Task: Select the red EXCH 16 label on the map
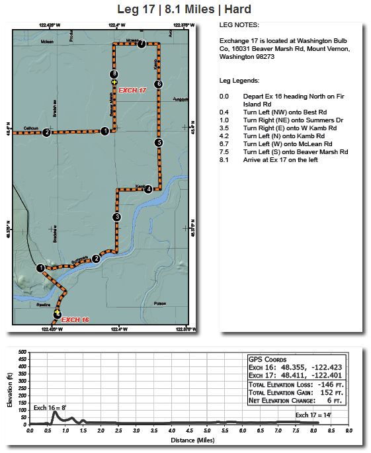pyautogui.click(x=75, y=319)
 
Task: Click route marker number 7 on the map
pyautogui.click(x=142, y=44)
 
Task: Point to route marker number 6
pyautogui.click(x=158, y=84)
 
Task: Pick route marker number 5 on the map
pyautogui.click(x=158, y=142)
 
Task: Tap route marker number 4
pyautogui.click(x=148, y=189)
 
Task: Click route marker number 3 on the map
pyautogui.click(x=117, y=217)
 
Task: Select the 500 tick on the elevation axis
pyautogui.click(x=22, y=352)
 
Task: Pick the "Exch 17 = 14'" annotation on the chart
pyautogui.click(x=313, y=415)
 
